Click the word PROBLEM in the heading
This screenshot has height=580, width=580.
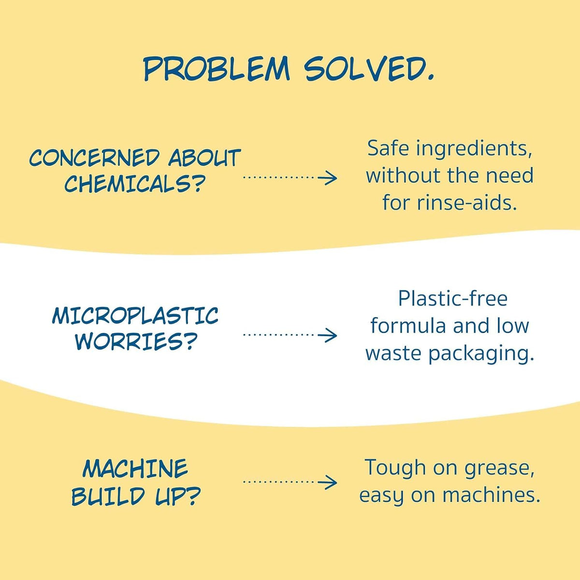(x=217, y=69)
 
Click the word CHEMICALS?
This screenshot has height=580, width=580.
(x=133, y=183)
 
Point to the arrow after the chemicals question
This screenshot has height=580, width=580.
(x=290, y=178)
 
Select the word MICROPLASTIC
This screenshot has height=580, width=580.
(x=135, y=316)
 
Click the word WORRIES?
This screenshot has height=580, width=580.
(x=134, y=341)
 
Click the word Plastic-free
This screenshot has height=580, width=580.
(x=453, y=299)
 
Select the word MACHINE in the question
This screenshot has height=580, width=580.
(x=135, y=469)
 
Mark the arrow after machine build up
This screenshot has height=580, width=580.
(x=290, y=482)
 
